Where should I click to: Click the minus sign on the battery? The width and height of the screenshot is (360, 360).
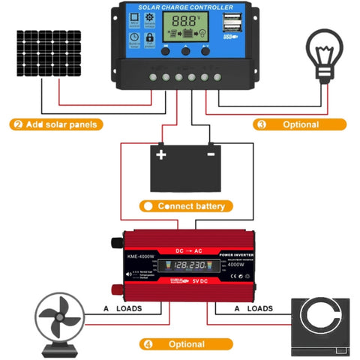pos(211,154)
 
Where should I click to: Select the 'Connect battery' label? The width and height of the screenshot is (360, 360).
pos(187,205)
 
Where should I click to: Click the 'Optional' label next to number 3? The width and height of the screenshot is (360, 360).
pos(300,124)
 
